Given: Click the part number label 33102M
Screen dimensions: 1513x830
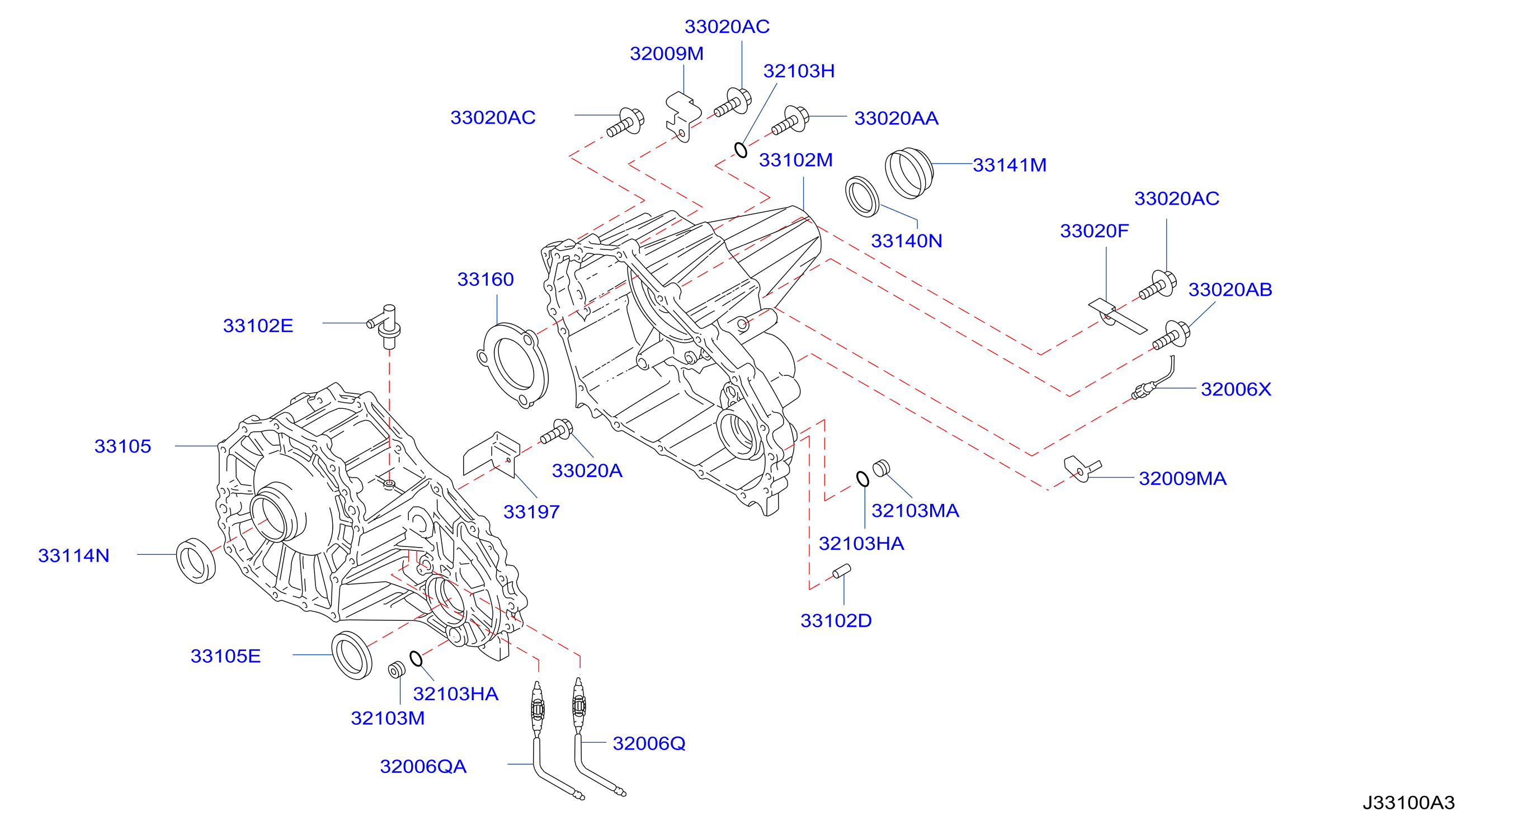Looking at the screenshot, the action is coord(795,160).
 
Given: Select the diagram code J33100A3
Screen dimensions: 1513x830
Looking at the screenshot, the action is coord(1408,803).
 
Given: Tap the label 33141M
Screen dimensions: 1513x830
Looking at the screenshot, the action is coord(1009,165).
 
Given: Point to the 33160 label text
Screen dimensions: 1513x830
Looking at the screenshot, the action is coord(485,279).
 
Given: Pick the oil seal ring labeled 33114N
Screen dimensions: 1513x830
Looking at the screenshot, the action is coord(196,560).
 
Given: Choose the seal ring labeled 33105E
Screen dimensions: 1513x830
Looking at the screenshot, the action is coord(351,655).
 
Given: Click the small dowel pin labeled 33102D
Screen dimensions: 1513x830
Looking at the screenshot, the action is coord(841,571).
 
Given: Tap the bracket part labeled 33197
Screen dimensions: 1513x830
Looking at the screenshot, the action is coord(492,454).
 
